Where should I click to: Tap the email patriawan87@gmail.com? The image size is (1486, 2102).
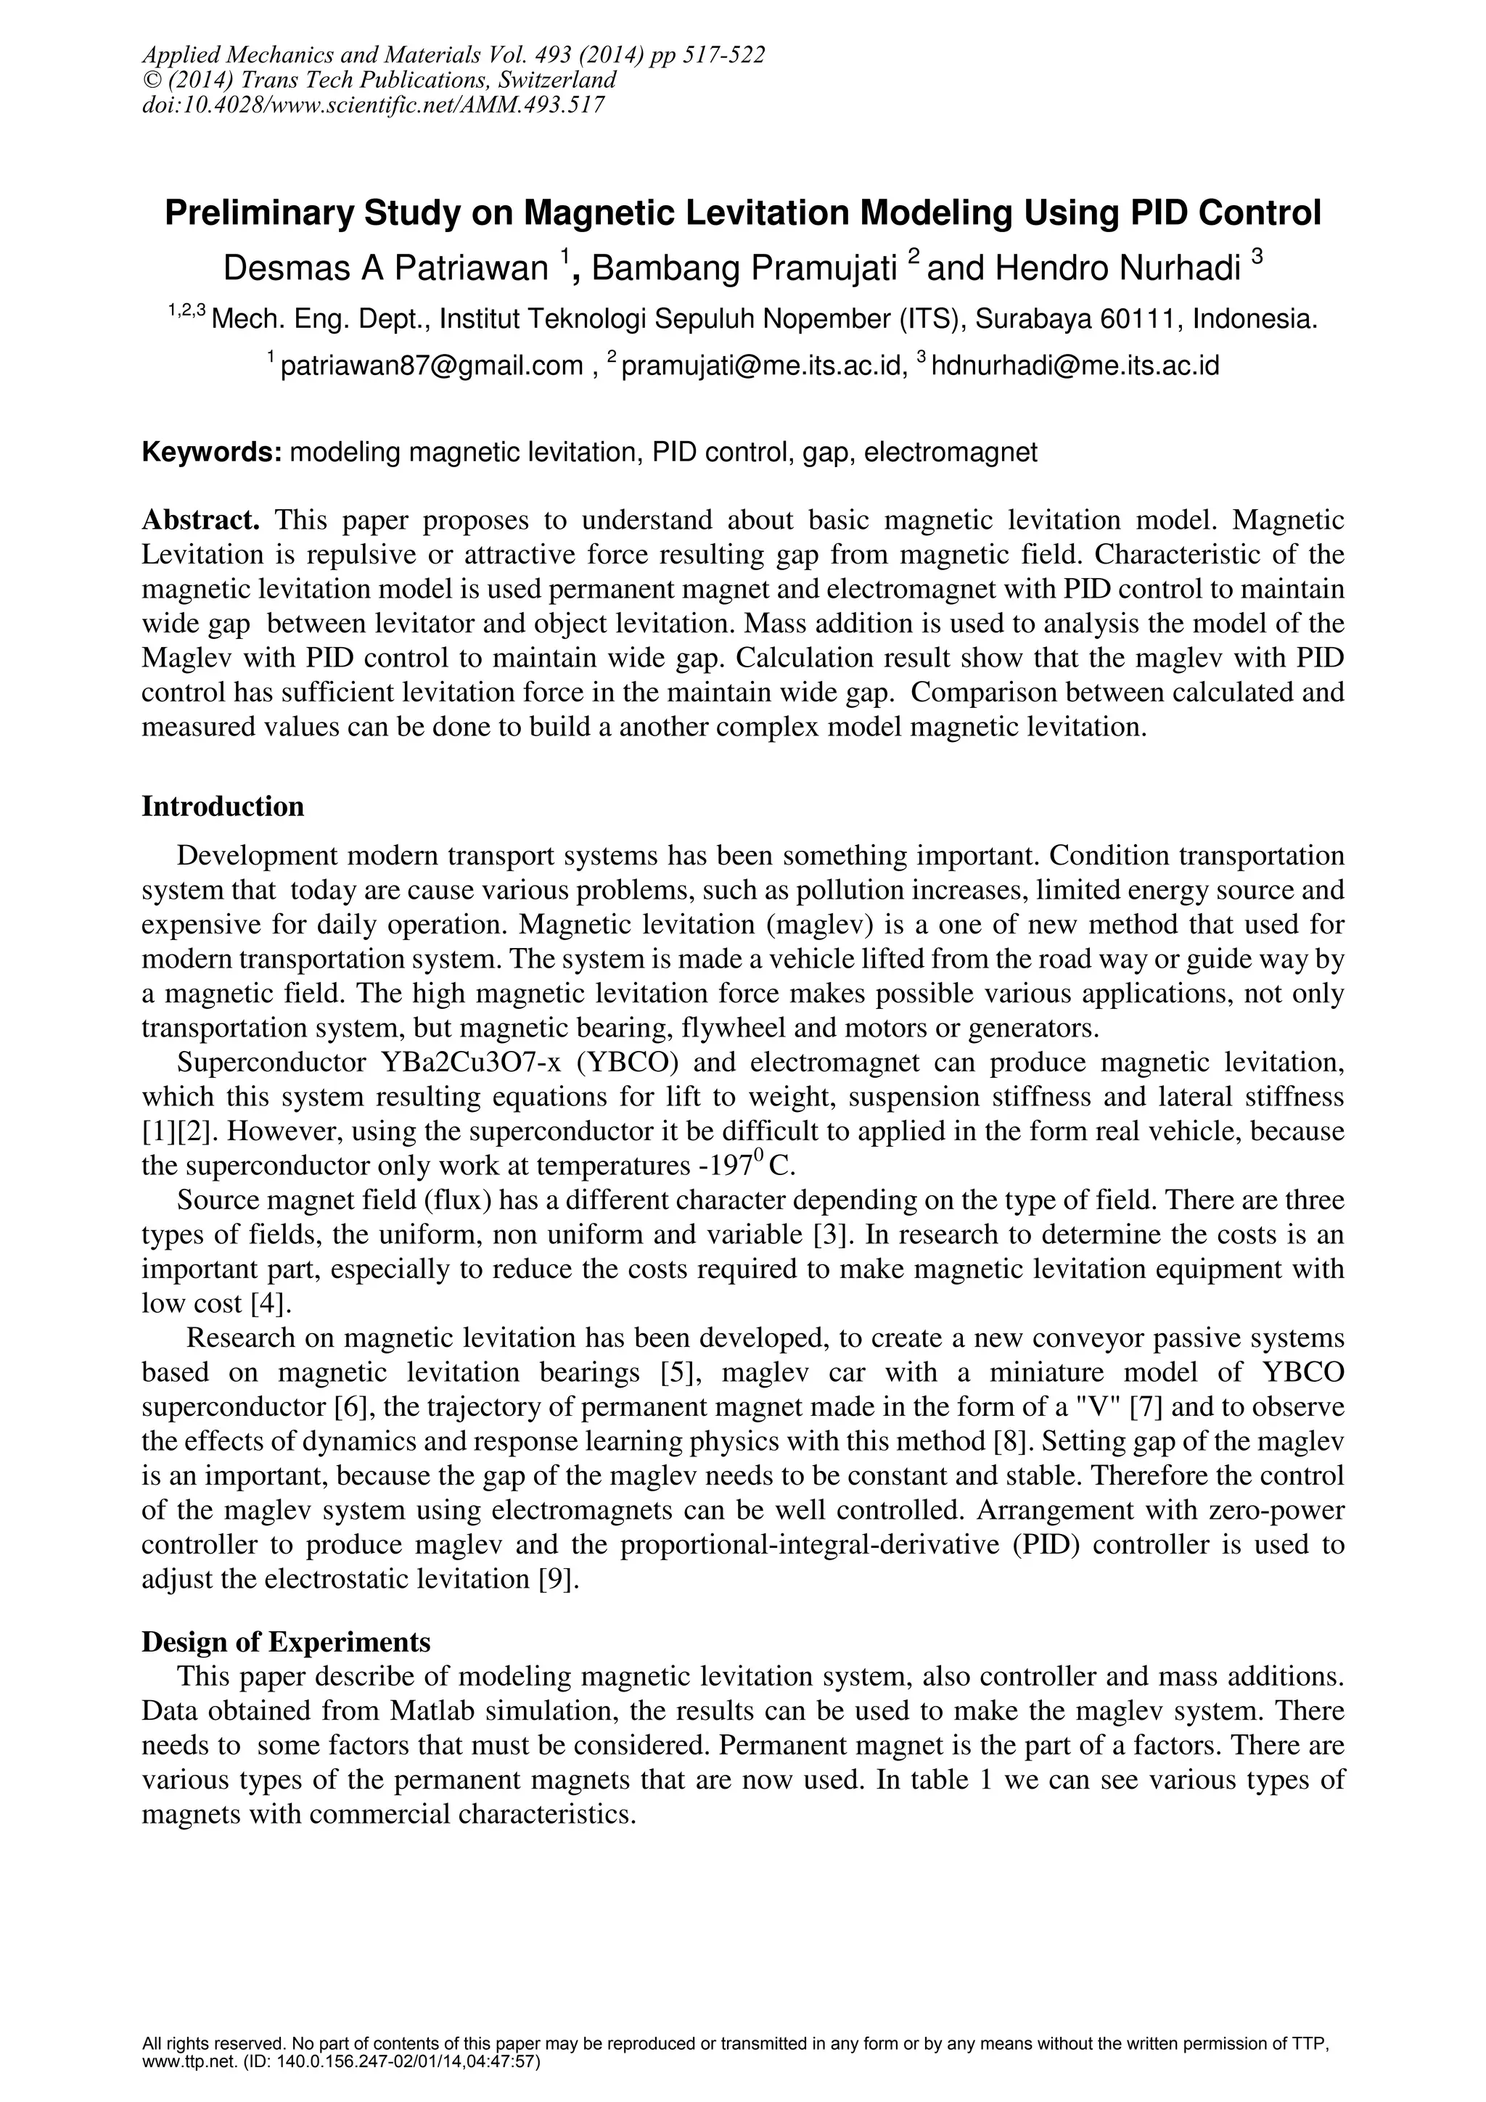[x=431, y=366]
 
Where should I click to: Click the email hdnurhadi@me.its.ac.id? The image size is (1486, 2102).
[x=1077, y=366]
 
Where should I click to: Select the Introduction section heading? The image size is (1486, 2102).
[x=223, y=807]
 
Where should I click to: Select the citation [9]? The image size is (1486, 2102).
[x=560, y=1579]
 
